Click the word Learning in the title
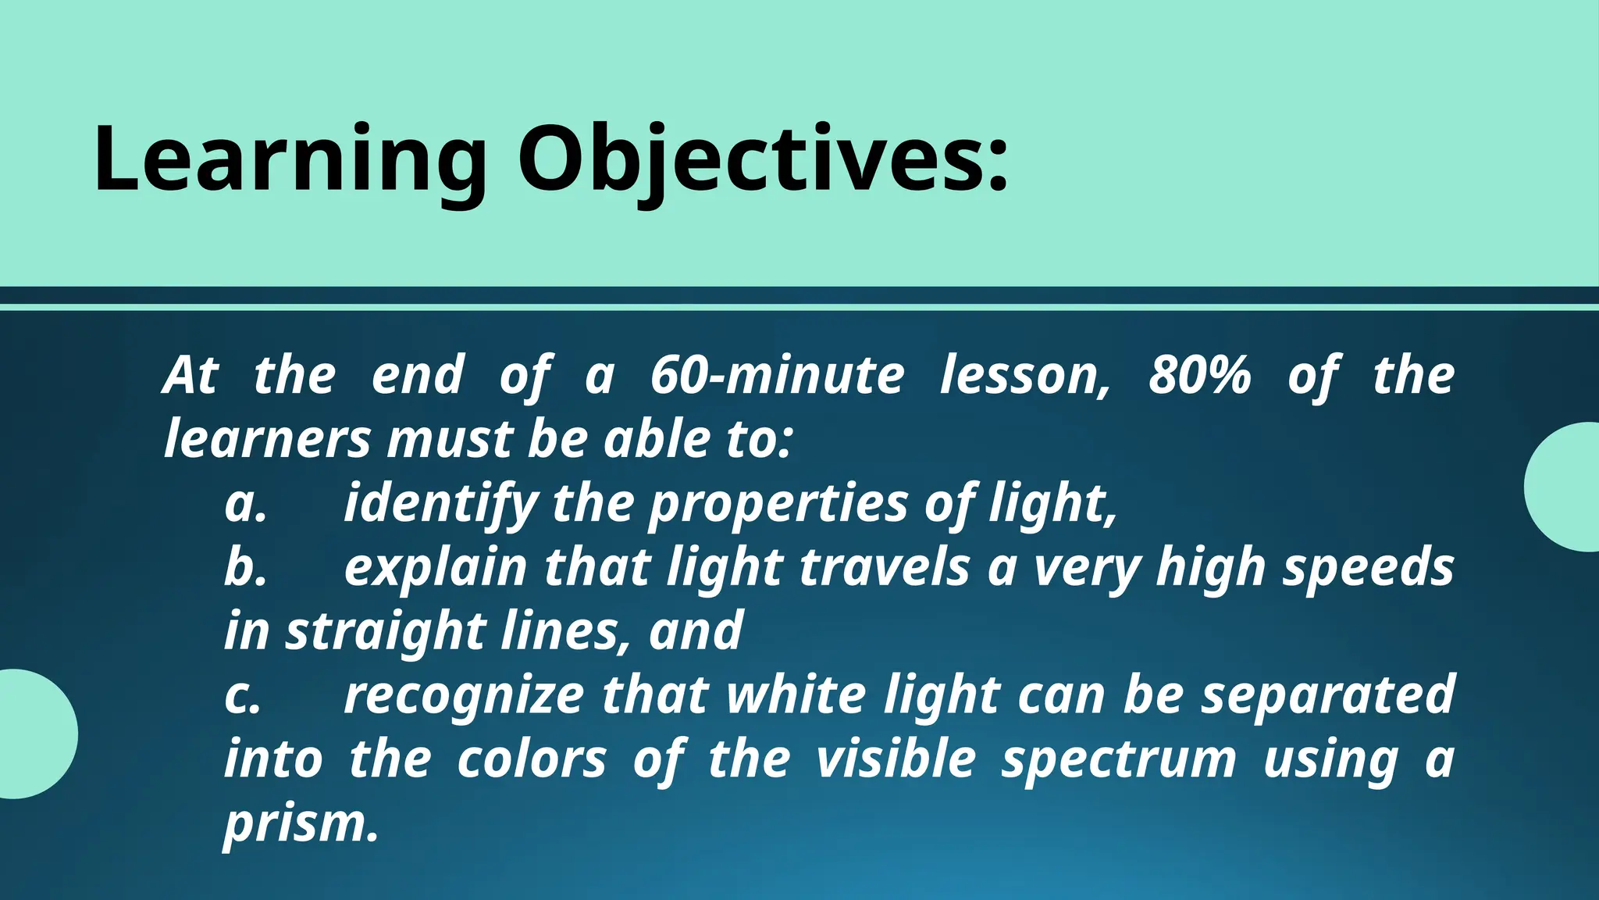(290, 160)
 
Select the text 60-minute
(777, 375)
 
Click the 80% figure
(1199, 375)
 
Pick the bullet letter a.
(245, 504)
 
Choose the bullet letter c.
(242, 695)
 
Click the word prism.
(301, 825)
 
